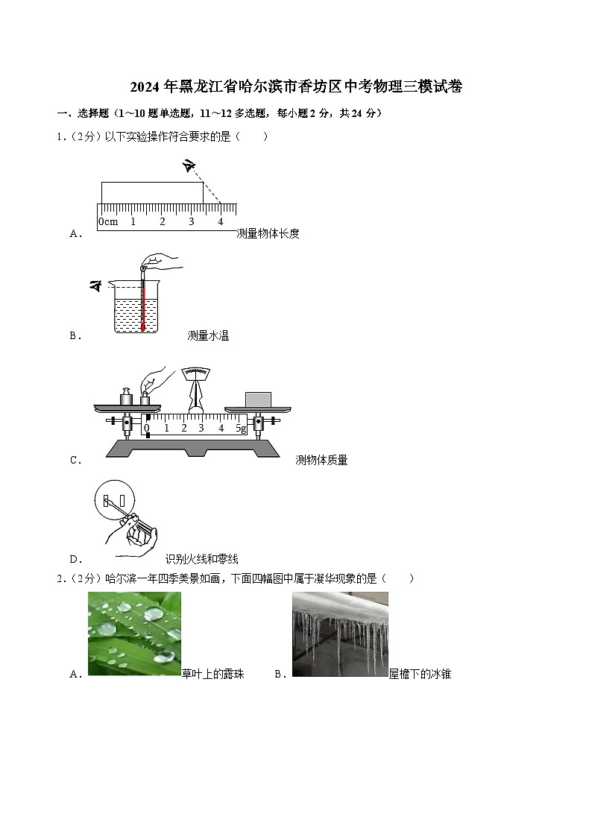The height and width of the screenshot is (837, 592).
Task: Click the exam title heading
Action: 296,87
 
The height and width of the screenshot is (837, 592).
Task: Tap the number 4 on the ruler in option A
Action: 220,221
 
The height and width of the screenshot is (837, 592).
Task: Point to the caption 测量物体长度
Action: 268,233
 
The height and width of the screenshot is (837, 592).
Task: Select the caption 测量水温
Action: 208,335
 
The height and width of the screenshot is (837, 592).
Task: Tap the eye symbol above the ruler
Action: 189,167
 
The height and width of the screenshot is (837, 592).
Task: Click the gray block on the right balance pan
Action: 258,400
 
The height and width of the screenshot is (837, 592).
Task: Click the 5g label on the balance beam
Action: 241,428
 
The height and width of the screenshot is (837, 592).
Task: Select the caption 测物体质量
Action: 321,460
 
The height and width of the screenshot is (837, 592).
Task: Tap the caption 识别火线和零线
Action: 201,559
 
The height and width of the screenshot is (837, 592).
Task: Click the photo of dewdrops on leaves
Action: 134,634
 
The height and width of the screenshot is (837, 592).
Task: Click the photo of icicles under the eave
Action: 340,634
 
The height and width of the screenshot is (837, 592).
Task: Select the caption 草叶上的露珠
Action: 212,674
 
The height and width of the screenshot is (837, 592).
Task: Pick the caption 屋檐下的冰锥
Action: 420,674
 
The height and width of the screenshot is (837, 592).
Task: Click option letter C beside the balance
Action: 75,460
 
